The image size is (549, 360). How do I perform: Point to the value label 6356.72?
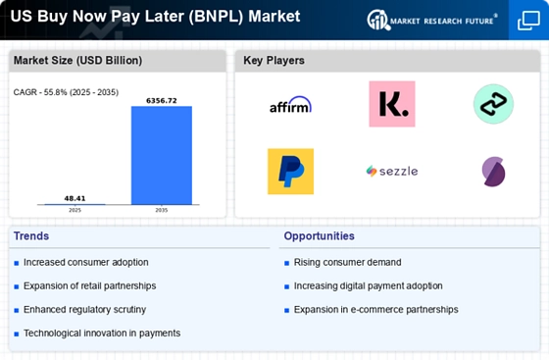click(162, 99)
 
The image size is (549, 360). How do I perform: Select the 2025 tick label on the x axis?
click(75, 209)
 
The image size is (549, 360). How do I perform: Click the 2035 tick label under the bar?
click(162, 209)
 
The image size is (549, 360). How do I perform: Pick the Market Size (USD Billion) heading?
click(77, 61)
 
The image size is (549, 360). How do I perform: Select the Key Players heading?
click(274, 61)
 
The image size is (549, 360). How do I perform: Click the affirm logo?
click(290, 104)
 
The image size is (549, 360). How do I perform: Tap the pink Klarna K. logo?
click(391, 104)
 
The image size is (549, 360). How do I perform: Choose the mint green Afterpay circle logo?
click(493, 104)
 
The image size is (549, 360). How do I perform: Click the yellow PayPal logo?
click(290, 171)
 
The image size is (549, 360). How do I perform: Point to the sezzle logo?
click(391, 171)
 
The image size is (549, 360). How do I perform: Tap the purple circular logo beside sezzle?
click(493, 171)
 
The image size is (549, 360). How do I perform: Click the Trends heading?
click(31, 235)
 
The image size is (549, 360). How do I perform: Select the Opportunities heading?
click(320, 235)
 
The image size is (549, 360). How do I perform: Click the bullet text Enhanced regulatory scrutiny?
click(84, 309)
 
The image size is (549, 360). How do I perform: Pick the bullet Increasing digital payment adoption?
click(368, 285)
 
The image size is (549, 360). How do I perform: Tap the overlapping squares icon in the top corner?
click(527, 22)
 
